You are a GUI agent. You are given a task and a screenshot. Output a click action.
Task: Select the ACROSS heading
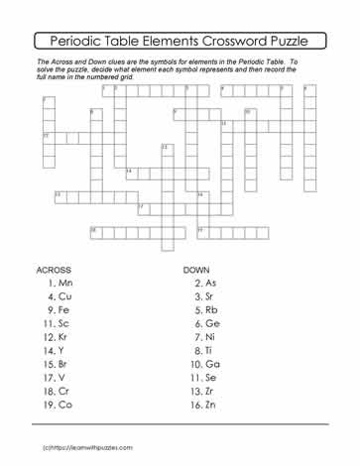pos(53,270)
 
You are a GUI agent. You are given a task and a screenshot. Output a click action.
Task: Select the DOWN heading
pos(197,270)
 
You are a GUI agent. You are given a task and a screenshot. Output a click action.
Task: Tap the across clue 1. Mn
pos(60,284)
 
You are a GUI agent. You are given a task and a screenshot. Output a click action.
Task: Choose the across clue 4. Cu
pos(60,296)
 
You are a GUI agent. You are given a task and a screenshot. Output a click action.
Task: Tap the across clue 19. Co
pos(59,406)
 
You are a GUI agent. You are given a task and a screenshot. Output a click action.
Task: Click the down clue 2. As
pos(205,284)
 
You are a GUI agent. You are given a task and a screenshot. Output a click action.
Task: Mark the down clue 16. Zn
pos(204,406)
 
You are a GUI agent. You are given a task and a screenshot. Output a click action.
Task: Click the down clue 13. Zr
pos(204,392)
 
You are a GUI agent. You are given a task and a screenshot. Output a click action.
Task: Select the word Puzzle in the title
pos(300,42)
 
